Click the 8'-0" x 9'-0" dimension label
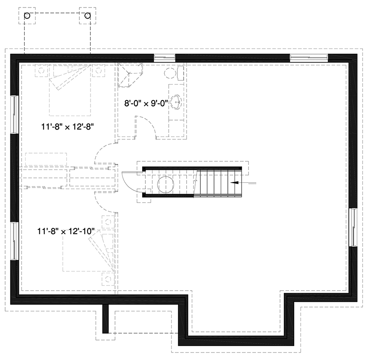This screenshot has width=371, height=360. [146, 103]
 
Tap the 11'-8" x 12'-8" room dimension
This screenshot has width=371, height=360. [68, 127]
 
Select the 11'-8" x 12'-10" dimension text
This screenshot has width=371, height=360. [66, 231]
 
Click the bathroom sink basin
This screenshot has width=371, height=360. [176, 102]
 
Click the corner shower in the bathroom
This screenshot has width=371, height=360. [130, 75]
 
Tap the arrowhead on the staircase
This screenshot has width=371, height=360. [234, 182]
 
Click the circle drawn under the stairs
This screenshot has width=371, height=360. [166, 184]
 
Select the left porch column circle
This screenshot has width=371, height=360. [27, 16]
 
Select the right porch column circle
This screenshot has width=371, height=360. [88, 16]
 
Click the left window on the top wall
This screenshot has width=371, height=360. [165, 57]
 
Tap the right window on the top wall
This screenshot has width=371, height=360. [309, 57]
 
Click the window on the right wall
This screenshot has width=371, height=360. [353, 227]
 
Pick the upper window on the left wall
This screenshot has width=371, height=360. [14, 114]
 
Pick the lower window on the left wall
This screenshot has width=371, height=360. [14, 241]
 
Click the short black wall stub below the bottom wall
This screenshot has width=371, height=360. [105, 319]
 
